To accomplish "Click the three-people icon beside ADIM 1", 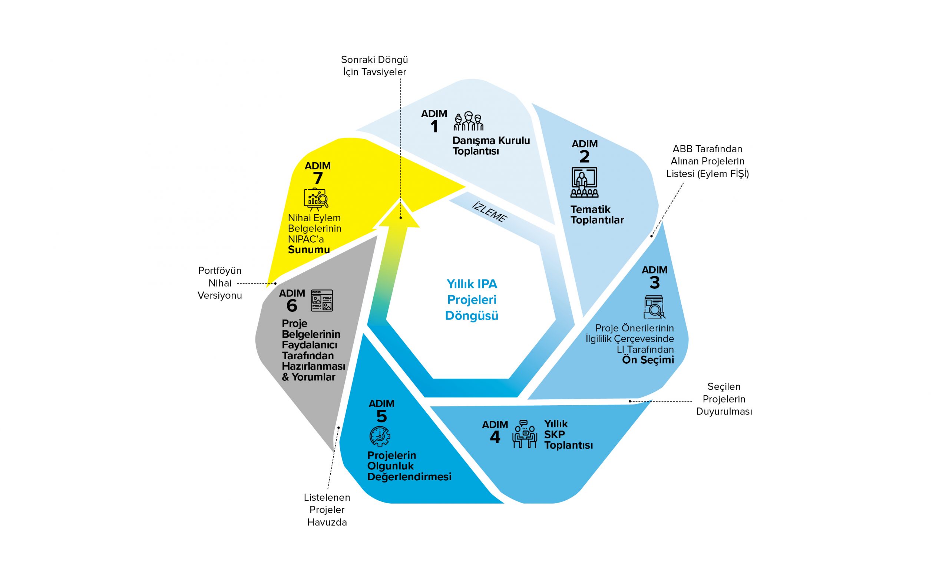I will (x=468, y=121).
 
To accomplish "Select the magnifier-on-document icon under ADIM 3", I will (x=654, y=307).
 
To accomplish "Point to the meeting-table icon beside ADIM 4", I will (x=525, y=434).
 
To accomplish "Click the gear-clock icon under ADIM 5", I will (x=380, y=436).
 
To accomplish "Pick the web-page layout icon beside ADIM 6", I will (x=322, y=301).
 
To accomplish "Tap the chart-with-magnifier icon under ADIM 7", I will (x=316, y=199).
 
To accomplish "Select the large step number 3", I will (x=654, y=283).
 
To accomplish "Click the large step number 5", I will (x=381, y=417).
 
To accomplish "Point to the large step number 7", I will (x=318, y=179).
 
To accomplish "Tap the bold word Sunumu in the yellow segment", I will (x=309, y=250).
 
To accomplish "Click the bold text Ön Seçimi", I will (x=648, y=360).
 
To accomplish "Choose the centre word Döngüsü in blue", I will (x=472, y=316).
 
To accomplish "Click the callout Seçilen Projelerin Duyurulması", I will (x=724, y=399).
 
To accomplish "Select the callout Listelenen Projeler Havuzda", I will (x=327, y=510).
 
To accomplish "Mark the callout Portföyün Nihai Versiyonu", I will (x=219, y=283).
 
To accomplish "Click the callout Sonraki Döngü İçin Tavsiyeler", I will (x=374, y=66).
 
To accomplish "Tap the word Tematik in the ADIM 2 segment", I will (x=590, y=210).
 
